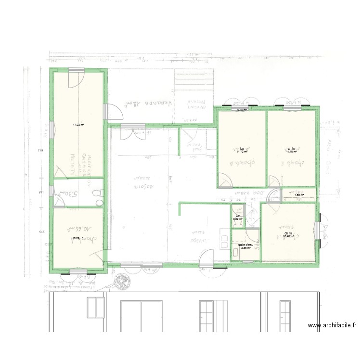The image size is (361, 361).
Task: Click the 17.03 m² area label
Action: coord(78,125)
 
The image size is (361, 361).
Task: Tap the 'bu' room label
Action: coord(242,148)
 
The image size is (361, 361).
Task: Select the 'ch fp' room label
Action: coord(291,148)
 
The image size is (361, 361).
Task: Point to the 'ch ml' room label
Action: coord(288,234)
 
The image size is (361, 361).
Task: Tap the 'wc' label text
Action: coord(238,216)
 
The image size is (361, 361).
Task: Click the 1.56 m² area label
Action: coord(299,195)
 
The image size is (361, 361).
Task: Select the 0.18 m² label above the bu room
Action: coord(242,110)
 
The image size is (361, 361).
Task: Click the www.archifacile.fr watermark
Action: coord(332,326)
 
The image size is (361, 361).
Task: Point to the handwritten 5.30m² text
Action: coord(69,194)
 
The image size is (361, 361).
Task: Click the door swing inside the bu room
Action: coord(226,180)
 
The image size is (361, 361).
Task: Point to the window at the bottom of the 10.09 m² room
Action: coord(78,272)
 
